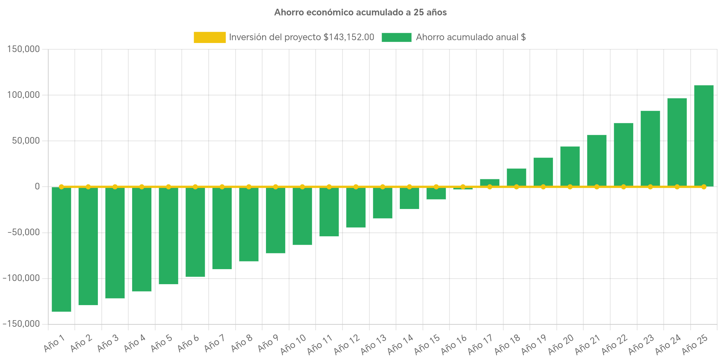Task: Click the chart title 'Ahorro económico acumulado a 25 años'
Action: coord(360,13)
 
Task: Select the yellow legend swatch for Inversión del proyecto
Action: coord(209,37)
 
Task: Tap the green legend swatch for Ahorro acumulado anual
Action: coord(396,37)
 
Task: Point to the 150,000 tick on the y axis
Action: coord(23,49)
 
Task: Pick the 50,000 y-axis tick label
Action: coord(26,141)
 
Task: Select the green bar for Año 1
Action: coord(62,249)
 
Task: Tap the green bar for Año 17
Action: coord(490,182)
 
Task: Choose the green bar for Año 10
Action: coord(302,216)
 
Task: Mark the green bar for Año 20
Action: coord(570,166)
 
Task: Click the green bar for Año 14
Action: coord(409,198)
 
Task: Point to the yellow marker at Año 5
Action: coord(168,187)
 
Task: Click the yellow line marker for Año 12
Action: coord(356,187)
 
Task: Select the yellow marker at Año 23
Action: coord(650,187)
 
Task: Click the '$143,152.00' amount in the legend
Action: coord(349,37)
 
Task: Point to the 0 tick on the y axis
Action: coord(37,187)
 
